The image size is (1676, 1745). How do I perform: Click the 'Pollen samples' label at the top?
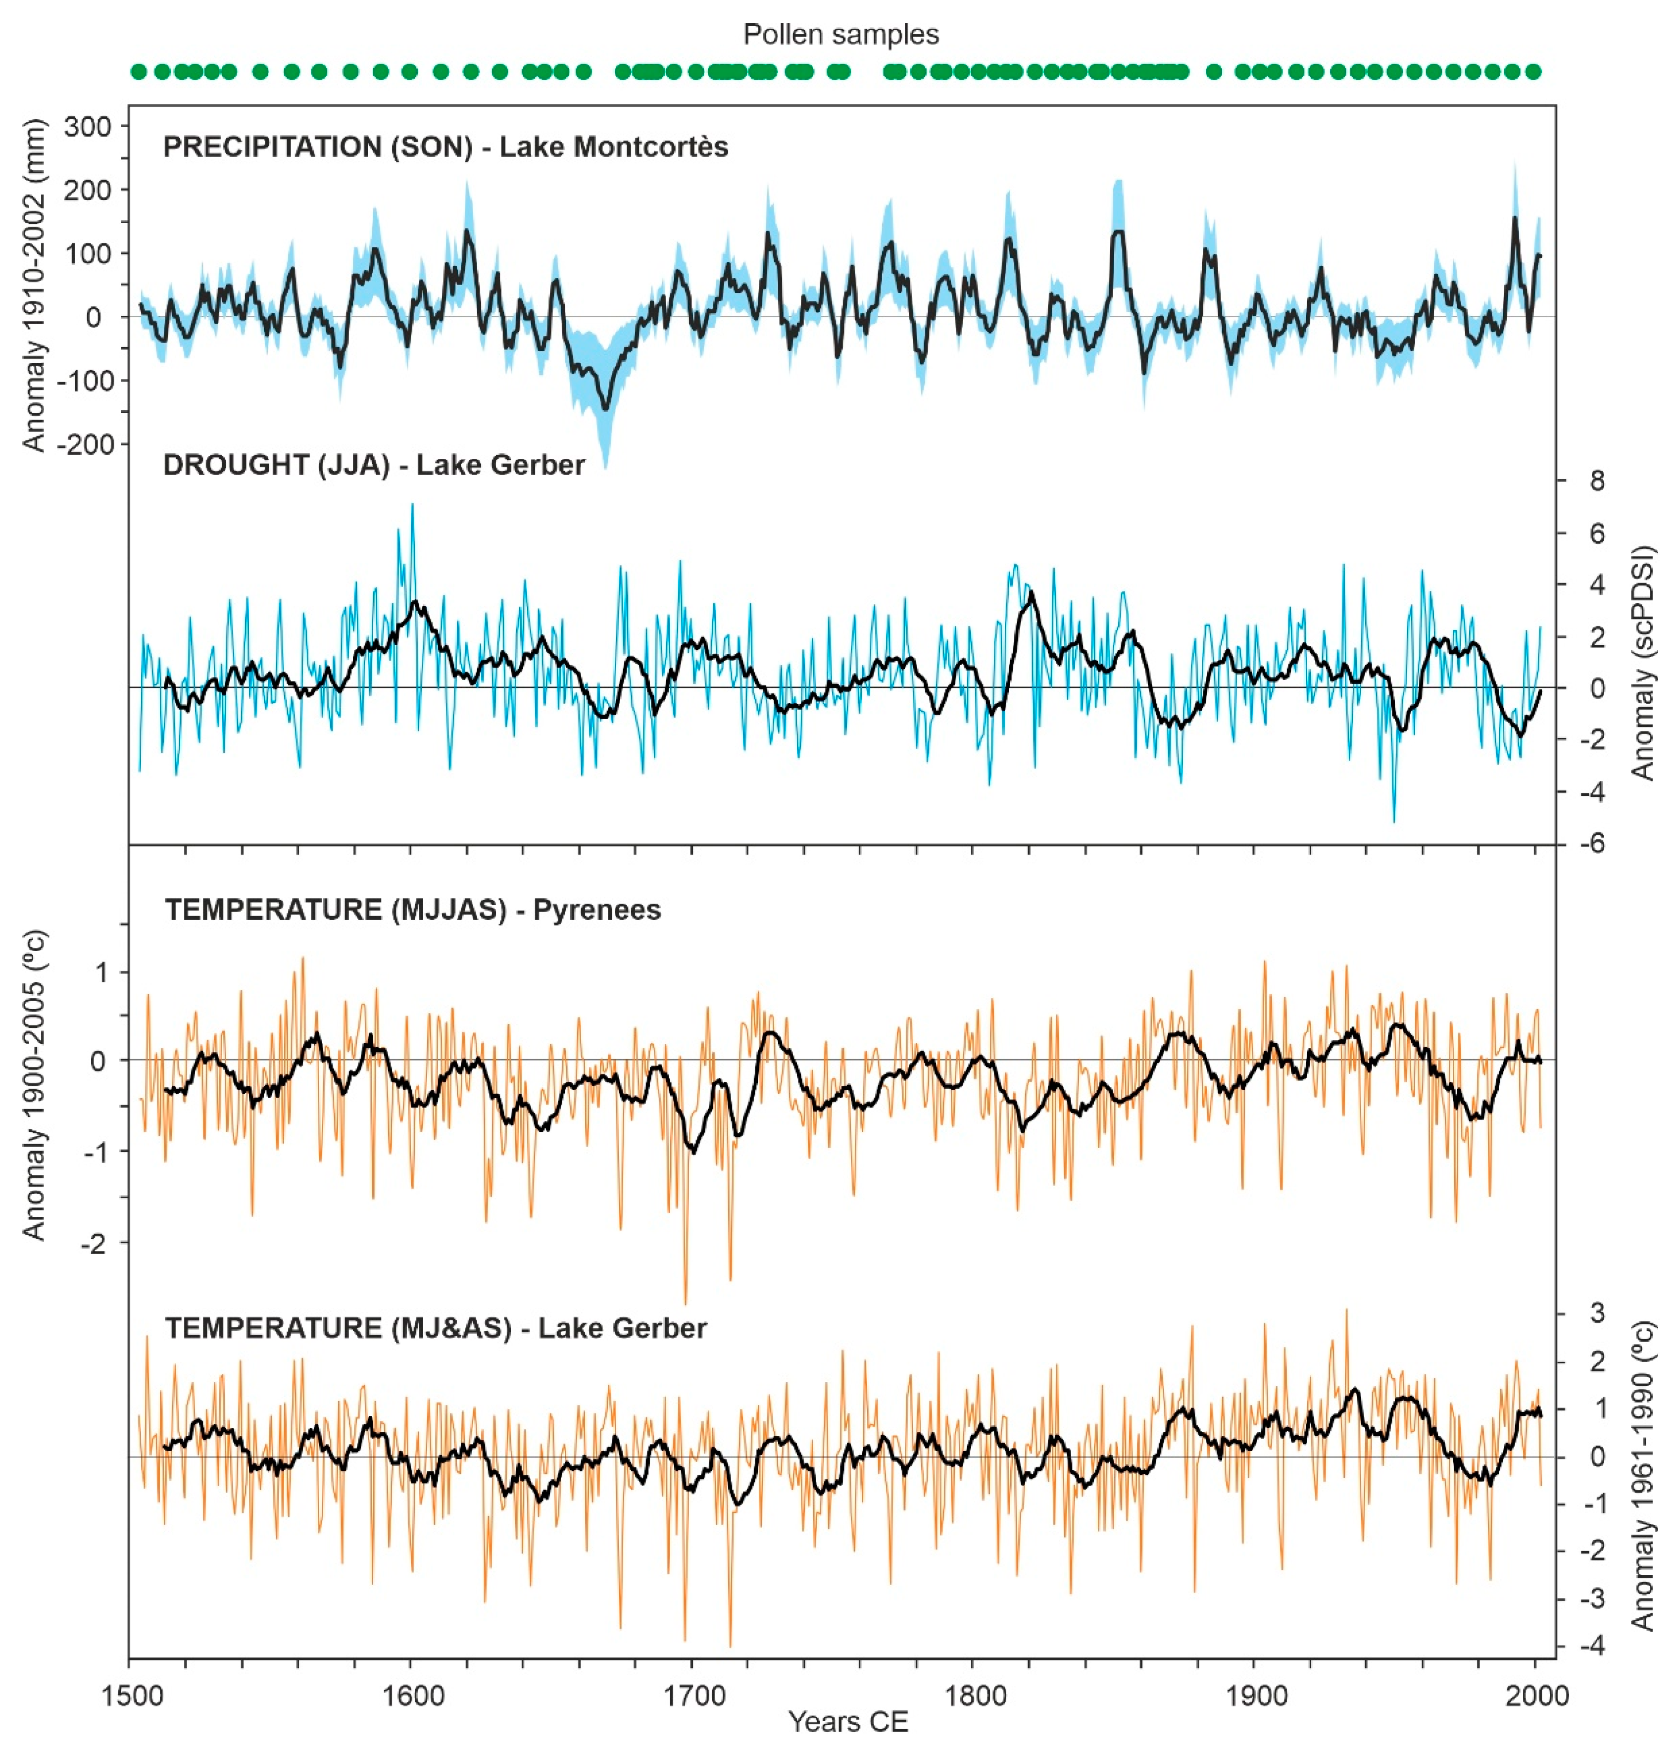840,35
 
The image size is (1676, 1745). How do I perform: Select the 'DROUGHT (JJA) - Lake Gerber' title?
374,465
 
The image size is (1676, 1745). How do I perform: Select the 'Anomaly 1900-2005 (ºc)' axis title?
34,1084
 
